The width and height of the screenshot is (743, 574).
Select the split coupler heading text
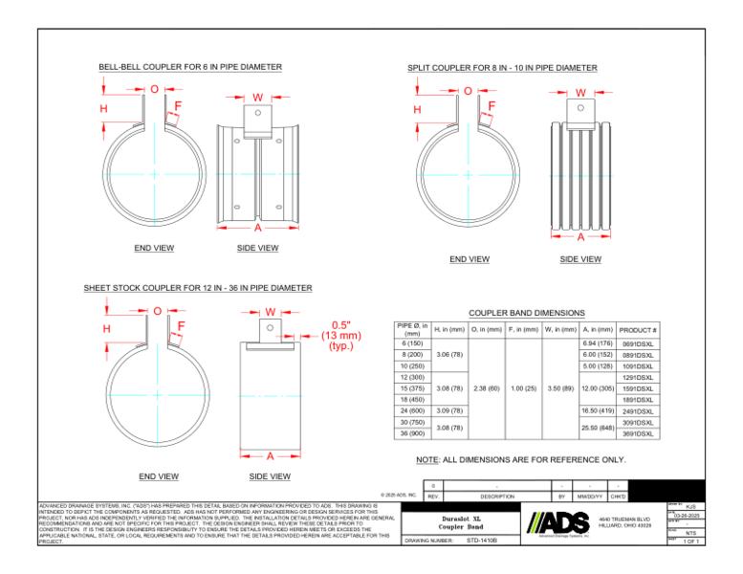502,68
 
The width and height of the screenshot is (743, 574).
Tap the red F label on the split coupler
492,106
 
